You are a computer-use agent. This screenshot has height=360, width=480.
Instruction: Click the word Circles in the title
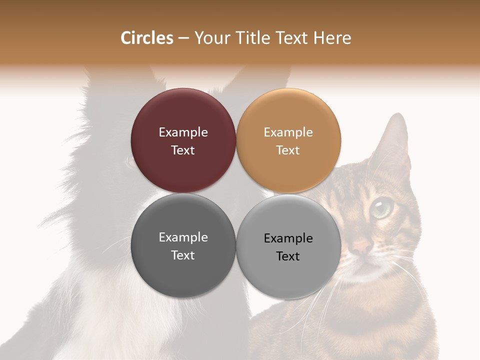point(146,38)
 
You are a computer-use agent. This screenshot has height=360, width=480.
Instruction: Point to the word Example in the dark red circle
point(183,132)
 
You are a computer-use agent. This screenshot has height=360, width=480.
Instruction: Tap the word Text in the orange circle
point(288,150)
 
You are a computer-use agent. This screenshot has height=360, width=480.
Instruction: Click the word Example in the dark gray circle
point(183,237)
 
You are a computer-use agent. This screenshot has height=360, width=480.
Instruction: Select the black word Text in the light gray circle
point(288,256)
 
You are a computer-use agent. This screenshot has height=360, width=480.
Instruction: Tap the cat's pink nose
point(362,246)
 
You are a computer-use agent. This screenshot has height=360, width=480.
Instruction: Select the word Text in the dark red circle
point(183,150)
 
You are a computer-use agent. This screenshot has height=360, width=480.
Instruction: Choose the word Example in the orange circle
point(288,132)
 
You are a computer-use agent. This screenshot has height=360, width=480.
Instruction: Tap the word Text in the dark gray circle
point(183,255)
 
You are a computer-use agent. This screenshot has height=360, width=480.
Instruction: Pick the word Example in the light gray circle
point(288,238)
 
